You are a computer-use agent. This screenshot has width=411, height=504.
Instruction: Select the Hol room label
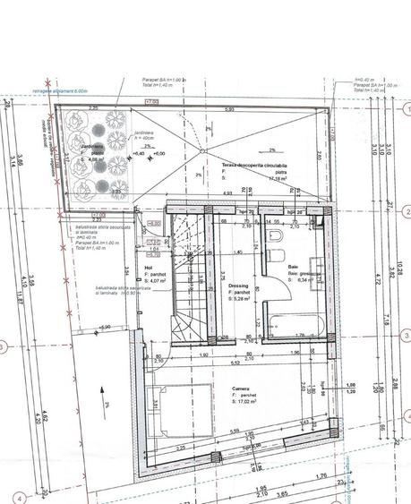pyautogui.click(x=150, y=266)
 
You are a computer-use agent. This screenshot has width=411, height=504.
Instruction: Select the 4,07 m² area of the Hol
pyautogui.click(x=163, y=282)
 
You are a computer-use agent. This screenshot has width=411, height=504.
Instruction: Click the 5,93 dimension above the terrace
pyautogui.click(x=229, y=109)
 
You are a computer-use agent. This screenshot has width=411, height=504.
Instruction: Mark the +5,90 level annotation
pyautogui.click(x=105, y=328)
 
